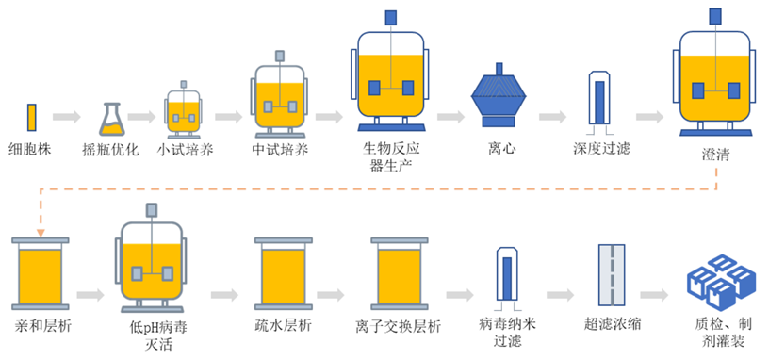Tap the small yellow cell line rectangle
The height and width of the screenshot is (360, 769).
31,117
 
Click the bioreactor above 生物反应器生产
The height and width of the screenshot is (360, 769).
389,80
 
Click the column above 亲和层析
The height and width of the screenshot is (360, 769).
38,273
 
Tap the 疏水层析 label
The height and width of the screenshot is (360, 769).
284,327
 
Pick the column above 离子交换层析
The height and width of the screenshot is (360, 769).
404,273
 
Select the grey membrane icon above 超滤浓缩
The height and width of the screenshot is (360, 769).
614,274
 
